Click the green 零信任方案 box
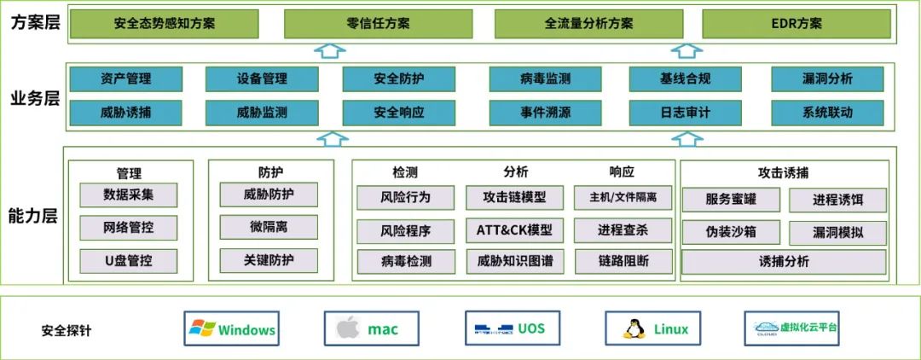tap(379, 24)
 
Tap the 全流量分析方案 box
tap(589, 24)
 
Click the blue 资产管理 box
tap(125, 79)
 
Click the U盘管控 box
tap(128, 260)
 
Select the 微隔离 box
tap(268, 227)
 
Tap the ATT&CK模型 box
tap(514, 230)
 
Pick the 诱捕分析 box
tap(784, 262)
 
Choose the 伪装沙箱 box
tap(731, 232)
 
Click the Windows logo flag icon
tap(202, 328)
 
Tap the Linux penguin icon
tap(632, 328)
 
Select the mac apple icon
tap(346, 328)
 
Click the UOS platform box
tap(511, 328)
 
